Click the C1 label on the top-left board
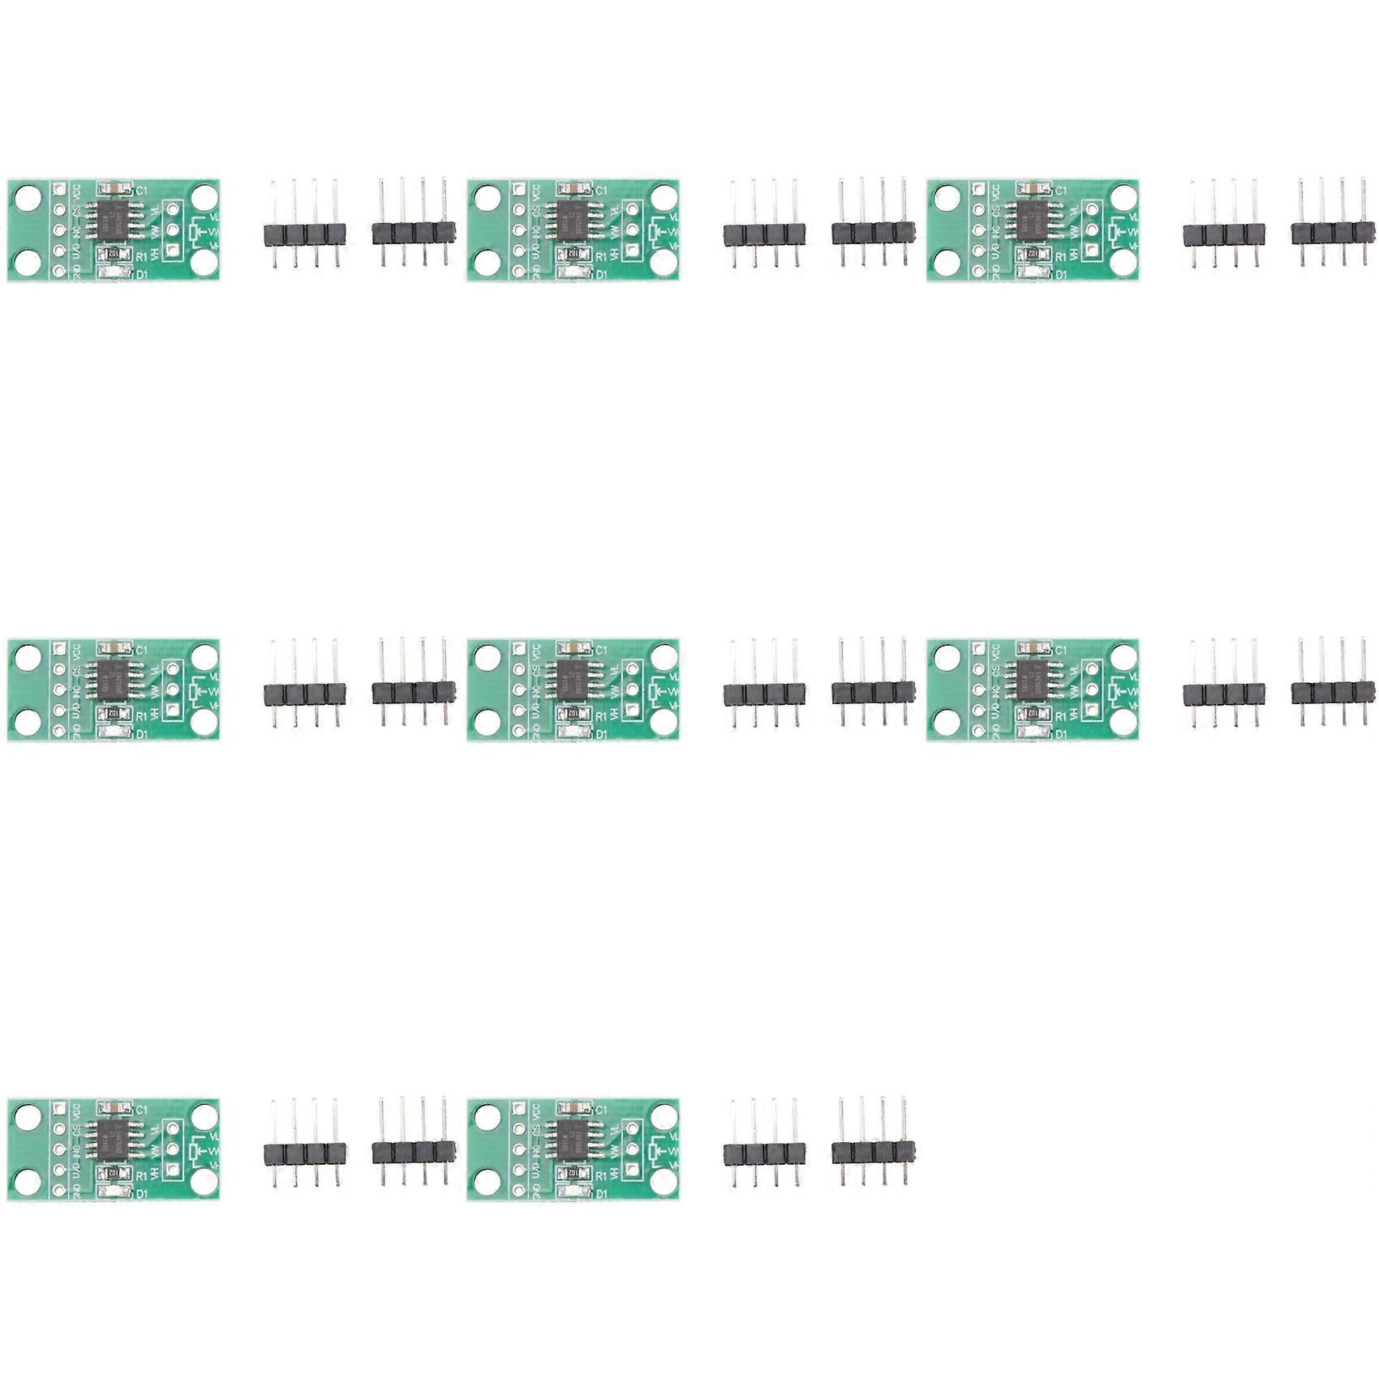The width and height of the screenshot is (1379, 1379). point(140,191)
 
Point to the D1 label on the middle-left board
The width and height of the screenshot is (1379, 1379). point(141,735)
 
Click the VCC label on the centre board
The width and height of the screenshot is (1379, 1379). point(535,651)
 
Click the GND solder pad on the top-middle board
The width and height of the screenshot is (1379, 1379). point(519,272)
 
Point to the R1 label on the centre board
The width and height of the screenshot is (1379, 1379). point(601,717)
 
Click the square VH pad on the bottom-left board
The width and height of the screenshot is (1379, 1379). point(172,1171)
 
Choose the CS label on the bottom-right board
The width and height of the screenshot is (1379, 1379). point(535,1129)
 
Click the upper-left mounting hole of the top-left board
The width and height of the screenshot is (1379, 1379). point(27,197)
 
